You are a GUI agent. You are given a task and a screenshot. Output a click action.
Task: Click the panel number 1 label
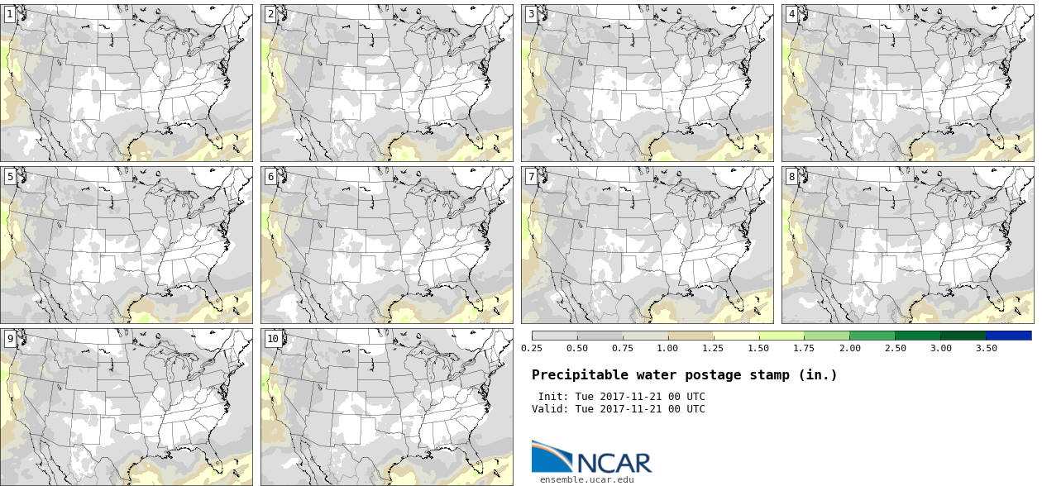tap(10, 14)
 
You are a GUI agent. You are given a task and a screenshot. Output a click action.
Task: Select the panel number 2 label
tap(270, 14)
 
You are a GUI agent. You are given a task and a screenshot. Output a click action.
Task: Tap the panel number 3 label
tap(531, 14)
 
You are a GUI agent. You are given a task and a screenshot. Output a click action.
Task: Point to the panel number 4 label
tap(791, 14)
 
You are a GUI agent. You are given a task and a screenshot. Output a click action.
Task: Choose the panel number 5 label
tap(10, 176)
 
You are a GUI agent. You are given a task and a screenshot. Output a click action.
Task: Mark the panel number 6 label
tap(270, 176)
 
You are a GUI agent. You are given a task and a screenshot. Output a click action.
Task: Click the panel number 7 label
tap(531, 176)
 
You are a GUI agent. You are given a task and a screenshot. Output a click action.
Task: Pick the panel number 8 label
tap(791, 176)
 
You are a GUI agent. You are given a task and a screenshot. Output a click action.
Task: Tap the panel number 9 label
tap(10, 338)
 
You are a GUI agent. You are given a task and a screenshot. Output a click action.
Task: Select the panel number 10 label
tap(273, 338)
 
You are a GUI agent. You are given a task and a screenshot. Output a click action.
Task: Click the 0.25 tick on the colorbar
tap(532, 348)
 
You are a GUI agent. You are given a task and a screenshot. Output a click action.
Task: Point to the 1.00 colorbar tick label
tap(667, 348)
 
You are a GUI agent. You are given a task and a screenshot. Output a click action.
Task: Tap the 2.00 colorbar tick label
tap(849, 348)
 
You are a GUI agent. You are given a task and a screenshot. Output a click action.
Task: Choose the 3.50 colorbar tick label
tap(986, 348)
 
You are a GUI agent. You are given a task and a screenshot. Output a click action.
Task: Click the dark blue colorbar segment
tap(1008, 336)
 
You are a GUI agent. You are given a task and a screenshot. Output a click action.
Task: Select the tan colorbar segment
tap(691, 336)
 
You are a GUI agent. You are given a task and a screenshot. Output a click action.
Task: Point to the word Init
tap(553, 397)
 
